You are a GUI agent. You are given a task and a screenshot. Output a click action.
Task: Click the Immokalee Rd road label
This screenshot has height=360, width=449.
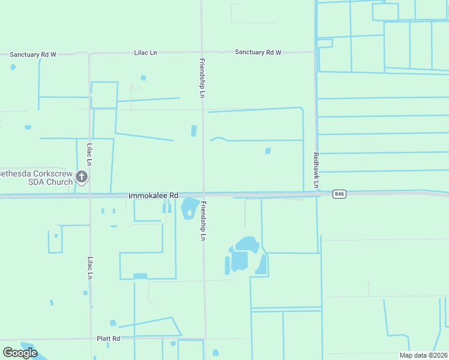154,196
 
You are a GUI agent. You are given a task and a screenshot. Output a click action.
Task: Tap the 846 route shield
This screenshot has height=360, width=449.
340,194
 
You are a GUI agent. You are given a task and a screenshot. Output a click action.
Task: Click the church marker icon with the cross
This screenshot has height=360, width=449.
82,177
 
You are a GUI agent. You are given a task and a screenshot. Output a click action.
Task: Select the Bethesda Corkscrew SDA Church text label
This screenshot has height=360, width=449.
36,177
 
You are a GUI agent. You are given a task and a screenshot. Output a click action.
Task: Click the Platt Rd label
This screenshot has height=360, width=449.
109,338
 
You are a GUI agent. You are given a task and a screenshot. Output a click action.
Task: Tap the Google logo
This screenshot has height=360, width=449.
20,352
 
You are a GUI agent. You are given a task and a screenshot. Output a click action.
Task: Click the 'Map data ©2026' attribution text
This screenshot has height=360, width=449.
423,355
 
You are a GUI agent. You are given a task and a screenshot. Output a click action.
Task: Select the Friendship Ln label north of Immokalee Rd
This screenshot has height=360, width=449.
202,78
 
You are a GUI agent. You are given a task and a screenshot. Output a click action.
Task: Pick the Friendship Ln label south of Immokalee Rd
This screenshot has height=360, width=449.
203,221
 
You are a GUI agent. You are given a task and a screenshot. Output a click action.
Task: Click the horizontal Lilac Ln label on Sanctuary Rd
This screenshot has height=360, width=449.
145,53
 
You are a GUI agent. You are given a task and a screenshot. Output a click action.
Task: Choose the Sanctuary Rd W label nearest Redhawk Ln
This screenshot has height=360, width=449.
258,53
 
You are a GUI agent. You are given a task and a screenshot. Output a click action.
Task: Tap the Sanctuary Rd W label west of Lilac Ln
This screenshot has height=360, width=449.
33,54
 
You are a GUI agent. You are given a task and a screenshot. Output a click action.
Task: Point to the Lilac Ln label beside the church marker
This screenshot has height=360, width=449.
89,154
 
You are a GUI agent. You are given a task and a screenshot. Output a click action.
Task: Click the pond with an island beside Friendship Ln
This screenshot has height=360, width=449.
190,209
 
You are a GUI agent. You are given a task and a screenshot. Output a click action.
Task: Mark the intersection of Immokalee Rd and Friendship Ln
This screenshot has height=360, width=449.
203,195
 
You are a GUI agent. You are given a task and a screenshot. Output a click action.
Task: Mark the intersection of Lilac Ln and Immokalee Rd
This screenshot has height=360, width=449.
89,196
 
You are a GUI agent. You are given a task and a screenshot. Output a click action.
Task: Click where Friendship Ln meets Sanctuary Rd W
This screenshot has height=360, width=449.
202,52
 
